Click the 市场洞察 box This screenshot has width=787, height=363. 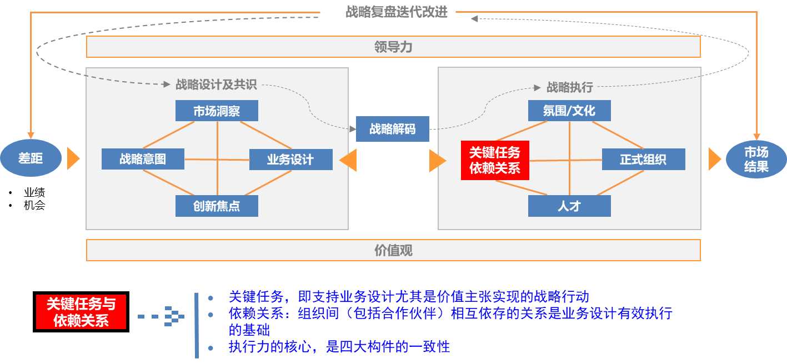coord(217,111)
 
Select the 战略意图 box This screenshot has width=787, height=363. coord(143,159)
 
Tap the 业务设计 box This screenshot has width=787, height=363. coord(290,160)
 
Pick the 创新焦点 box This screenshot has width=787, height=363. coord(217,206)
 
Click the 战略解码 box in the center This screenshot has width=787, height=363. coord(392,130)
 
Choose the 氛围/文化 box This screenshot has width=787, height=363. coord(569,111)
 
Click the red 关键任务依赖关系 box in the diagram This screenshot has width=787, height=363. coord(495,161)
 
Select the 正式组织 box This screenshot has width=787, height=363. coord(643,160)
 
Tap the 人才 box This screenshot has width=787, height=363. coord(569,206)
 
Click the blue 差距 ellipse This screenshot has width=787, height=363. coord(31,158)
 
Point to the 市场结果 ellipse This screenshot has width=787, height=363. coord(756,159)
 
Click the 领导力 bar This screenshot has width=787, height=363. coord(393,47)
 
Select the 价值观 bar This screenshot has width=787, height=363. coord(393,250)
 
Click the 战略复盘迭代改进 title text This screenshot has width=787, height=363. coord(397,12)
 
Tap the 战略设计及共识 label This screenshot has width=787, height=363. coord(216,84)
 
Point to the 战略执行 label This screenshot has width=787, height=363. coord(570,87)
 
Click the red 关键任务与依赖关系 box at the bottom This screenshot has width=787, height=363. coord(81,312)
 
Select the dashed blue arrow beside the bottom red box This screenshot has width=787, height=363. coord(161,316)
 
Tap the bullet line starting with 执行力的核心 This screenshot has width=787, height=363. coord(339,347)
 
